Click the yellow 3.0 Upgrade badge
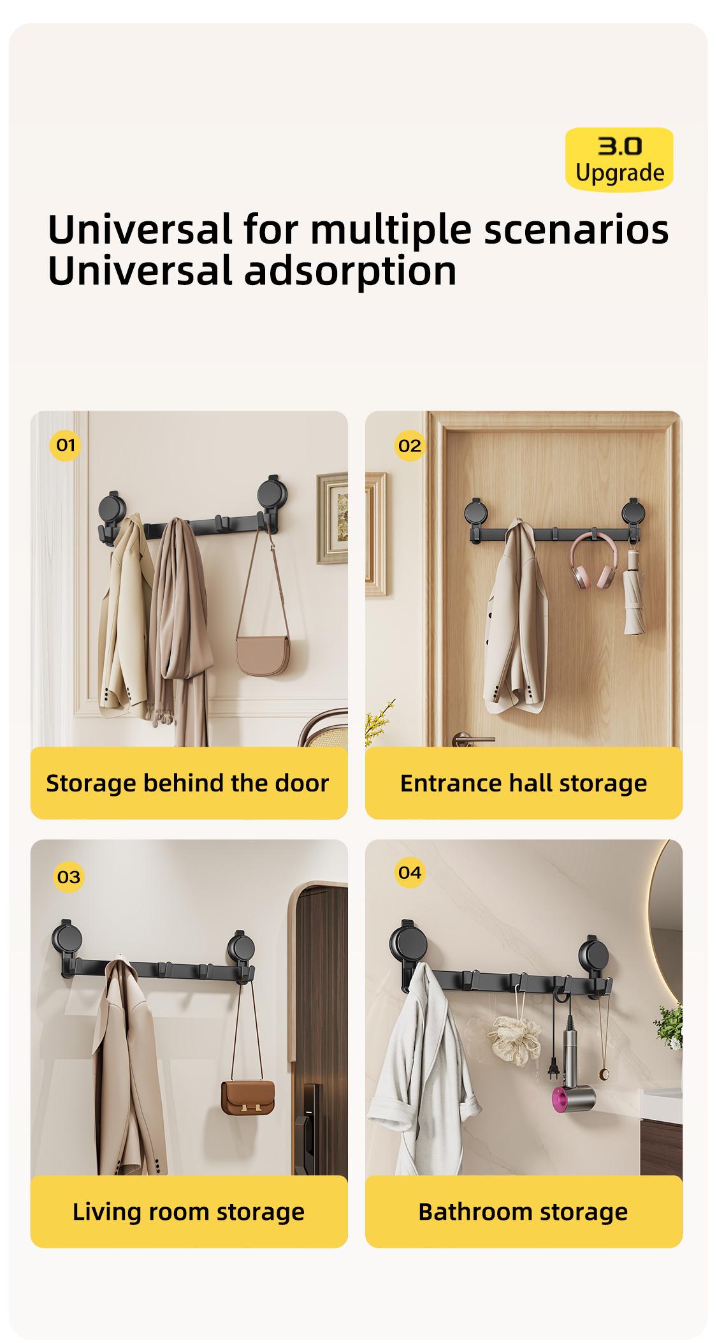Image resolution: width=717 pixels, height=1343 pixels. coord(618,159)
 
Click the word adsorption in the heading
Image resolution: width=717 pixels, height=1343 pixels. coord(350,270)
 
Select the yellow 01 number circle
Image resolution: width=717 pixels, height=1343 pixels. coord(66,444)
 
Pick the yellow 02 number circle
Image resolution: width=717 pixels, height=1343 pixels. coord(409,445)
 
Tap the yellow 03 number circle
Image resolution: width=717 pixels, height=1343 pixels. coord(68,877)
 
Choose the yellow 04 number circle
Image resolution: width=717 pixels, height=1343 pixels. coord(409,872)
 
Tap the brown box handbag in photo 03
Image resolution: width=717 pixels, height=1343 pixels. coord(248,1095)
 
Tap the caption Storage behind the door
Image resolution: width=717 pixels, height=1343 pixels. coord(187,783)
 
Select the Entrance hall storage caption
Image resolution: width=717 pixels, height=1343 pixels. coord(523,783)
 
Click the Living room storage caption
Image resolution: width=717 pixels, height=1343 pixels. coord(189,1212)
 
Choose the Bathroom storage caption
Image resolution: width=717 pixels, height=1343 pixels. coord(523,1212)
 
